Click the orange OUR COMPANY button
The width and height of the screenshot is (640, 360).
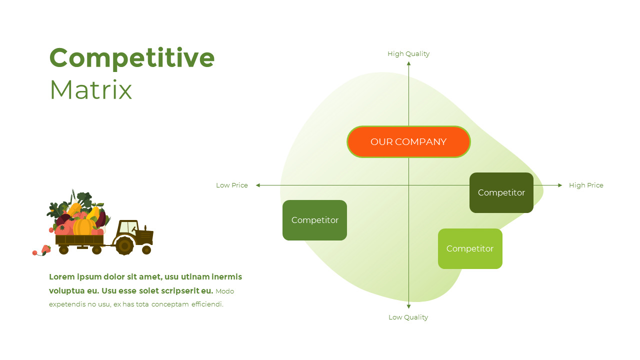(408, 142)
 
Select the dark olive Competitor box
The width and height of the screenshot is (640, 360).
(501, 192)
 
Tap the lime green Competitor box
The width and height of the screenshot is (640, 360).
(470, 248)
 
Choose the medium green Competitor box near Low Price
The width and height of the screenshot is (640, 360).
(314, 220)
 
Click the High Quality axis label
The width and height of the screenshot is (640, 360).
(408, 53)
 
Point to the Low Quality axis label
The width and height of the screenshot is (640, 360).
(408, 317)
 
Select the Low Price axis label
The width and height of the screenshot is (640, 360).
(231, 185)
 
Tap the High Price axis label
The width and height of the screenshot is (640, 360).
(586, 185)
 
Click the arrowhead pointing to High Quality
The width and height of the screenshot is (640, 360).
(408, 63)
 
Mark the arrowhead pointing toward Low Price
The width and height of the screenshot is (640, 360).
(258, 185)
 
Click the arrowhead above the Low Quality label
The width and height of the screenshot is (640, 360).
(408, 306)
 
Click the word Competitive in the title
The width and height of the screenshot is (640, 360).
(132, 57)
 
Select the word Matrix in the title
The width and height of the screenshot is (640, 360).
(91, 90)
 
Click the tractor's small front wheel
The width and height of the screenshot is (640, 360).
(146, 249)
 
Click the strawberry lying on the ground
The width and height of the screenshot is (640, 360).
(46, 249)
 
